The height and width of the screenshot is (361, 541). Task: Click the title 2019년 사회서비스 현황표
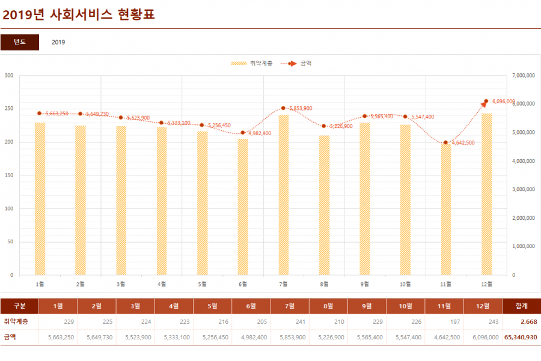coord(79,14)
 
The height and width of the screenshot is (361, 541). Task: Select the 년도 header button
coord(20,42)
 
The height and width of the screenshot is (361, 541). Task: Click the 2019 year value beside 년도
coord(58,42)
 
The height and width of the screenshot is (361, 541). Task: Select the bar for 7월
coord(284,195)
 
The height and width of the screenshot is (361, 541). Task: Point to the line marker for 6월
coord(243,133)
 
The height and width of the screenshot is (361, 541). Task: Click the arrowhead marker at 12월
coord(486,103)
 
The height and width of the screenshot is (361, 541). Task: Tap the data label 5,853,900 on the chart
coord(301,109)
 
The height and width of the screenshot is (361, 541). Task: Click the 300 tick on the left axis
coord(9,76)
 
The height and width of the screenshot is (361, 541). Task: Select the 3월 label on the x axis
coord(121,284)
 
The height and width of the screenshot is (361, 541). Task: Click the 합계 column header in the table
coord(521,306)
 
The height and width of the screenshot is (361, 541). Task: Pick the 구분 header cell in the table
coord(20,306)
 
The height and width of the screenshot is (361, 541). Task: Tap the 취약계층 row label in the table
coord(16,322)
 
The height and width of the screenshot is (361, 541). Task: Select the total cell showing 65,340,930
coord(521,338)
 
